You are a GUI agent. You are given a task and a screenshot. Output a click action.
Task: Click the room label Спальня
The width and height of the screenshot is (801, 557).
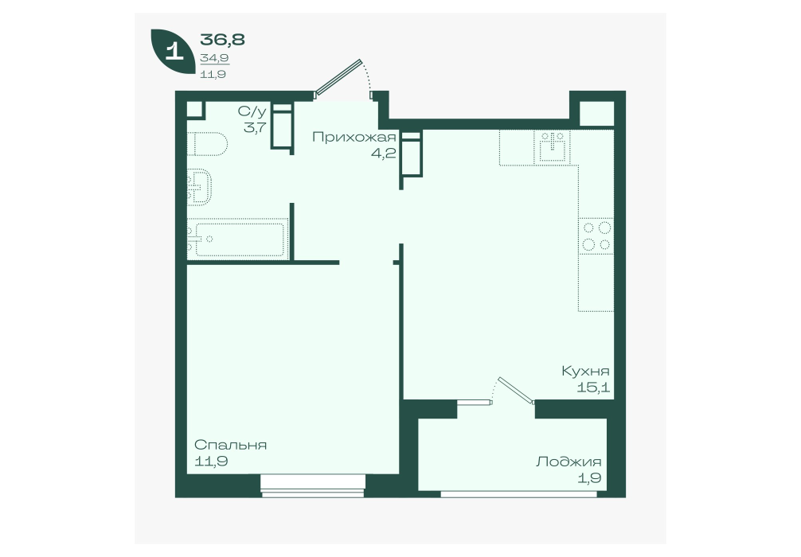pos(230,445)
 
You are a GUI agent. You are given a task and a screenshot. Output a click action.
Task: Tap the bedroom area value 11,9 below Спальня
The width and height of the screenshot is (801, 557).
pos(211,462)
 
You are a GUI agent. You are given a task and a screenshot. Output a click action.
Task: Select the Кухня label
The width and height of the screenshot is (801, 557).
pos(585,371)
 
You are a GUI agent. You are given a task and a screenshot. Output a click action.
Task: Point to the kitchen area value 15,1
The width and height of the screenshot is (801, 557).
pos(593,388)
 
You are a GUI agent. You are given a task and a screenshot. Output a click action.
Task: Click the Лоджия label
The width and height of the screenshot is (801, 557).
pos(569,462)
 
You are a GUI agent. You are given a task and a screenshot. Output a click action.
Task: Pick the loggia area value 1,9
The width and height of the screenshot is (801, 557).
pos(590,478)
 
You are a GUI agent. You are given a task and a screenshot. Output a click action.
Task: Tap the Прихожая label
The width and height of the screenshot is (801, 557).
pos(354,137)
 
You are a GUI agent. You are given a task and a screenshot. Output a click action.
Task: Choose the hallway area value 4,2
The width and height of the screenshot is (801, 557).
pos(384,153)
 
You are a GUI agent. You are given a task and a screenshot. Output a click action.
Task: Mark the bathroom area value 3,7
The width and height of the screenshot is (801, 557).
pos(255,127)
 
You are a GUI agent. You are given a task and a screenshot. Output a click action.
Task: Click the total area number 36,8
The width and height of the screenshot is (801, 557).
pos(222,39)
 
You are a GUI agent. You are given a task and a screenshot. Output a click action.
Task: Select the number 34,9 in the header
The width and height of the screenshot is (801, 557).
pos(214,58)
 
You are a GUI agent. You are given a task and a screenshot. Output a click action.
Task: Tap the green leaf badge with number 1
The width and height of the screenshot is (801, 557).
pos(173,51)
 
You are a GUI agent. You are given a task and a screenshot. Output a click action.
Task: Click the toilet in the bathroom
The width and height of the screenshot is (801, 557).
pos(207,144)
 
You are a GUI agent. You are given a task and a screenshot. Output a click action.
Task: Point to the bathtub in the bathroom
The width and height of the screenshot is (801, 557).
pos(237,239)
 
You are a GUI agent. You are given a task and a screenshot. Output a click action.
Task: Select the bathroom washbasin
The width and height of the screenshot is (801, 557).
pos(199,187)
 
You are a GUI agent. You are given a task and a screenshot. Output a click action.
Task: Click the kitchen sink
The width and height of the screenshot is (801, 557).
pos(551,147)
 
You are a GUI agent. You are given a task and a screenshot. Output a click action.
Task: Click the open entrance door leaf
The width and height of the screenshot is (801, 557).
pos(338,78)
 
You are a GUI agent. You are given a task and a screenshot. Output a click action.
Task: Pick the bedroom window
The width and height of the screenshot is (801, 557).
pos(314,485)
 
